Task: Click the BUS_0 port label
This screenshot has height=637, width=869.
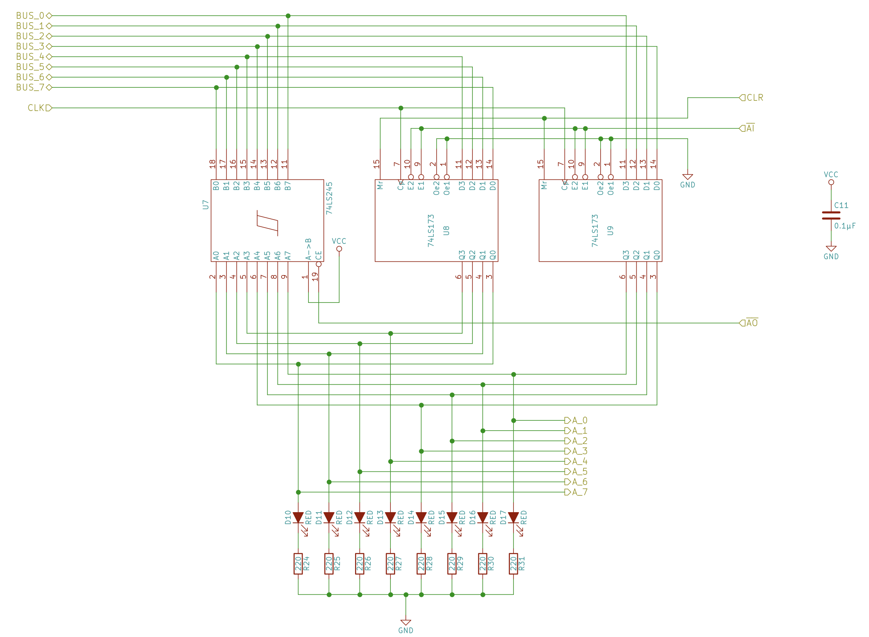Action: coord(30,16)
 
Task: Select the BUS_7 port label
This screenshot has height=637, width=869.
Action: coord(30,87)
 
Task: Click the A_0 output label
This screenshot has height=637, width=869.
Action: coord(579,421)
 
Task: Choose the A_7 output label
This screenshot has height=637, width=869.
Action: coord(579,492)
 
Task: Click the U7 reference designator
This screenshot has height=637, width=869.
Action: coord(205,205)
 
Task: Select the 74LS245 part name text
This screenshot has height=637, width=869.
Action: coord(329,198)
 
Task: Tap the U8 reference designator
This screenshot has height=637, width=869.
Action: coord(446,230)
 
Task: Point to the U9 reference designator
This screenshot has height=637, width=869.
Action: coord(610,230)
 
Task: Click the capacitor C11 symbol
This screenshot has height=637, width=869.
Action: coord(831,215)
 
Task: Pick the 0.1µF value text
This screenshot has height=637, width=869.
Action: coord(845,226)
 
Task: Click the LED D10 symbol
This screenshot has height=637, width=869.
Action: coord(298,518)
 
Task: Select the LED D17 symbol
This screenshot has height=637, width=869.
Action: coord(514,518)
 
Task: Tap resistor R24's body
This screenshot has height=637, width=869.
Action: coord(298,564)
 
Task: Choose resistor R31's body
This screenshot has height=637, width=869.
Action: coord(514,564)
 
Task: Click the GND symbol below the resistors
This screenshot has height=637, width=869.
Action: coord(406,622)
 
